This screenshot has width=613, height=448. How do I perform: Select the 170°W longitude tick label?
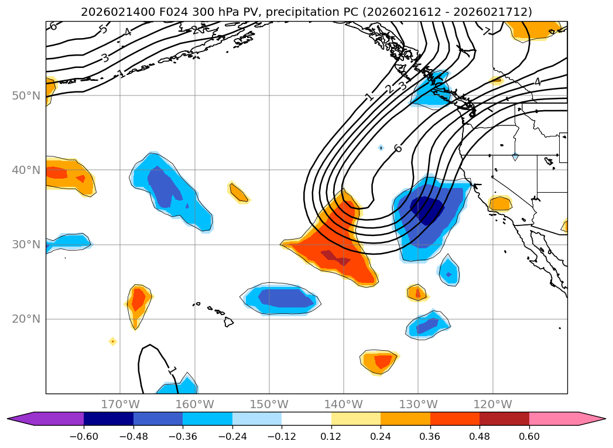(120, 404)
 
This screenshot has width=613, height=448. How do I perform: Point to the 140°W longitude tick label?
(343, 404)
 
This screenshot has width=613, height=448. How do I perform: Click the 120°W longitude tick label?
(492, 404)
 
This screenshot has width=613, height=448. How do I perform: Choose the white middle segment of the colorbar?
(306, 418)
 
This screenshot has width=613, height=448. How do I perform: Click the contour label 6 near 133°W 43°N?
(398, 148)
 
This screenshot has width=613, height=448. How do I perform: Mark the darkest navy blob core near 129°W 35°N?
(426, 209)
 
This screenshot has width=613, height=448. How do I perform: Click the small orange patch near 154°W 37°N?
(238, 192)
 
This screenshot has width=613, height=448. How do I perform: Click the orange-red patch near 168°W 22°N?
(138, 300)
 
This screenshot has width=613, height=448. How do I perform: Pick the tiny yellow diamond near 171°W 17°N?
(112, 341)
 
